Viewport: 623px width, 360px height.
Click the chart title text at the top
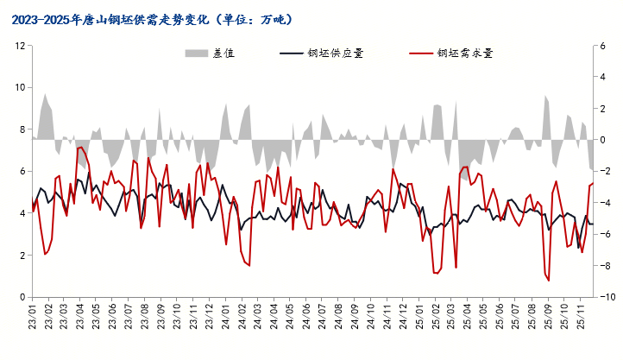[x=154, y=18]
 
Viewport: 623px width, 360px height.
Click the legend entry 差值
[x=223, y=53]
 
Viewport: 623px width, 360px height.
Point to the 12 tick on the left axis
[x=20, y=46]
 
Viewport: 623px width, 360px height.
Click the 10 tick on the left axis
[x=20, y=88]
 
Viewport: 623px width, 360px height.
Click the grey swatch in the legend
[x=197, y=53]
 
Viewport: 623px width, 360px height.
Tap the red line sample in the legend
[x=420, y=53]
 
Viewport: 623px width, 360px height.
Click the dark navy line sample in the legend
[x=292, y=53]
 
